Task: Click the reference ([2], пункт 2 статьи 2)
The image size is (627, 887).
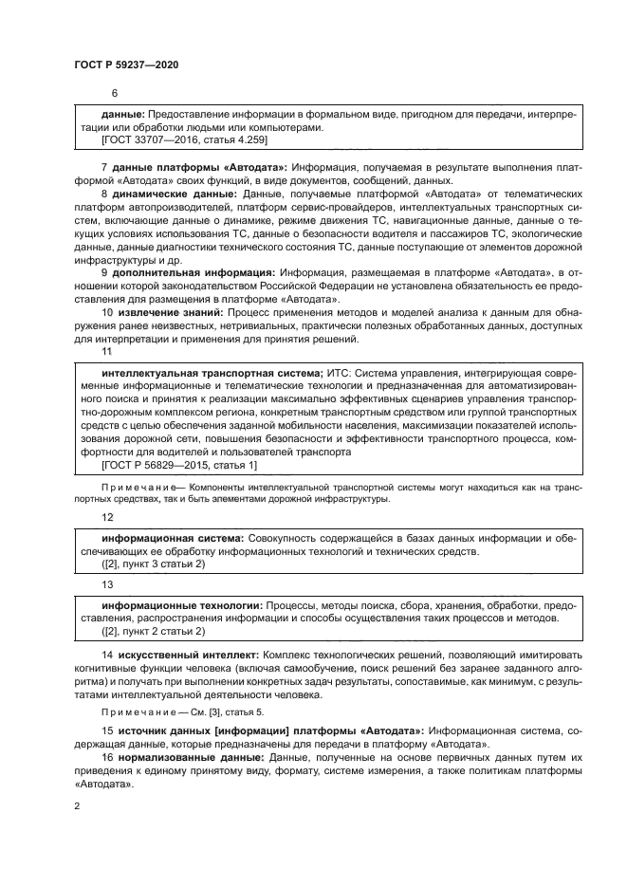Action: pos(152,631)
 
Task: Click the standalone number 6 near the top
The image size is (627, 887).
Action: pos(115,93)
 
